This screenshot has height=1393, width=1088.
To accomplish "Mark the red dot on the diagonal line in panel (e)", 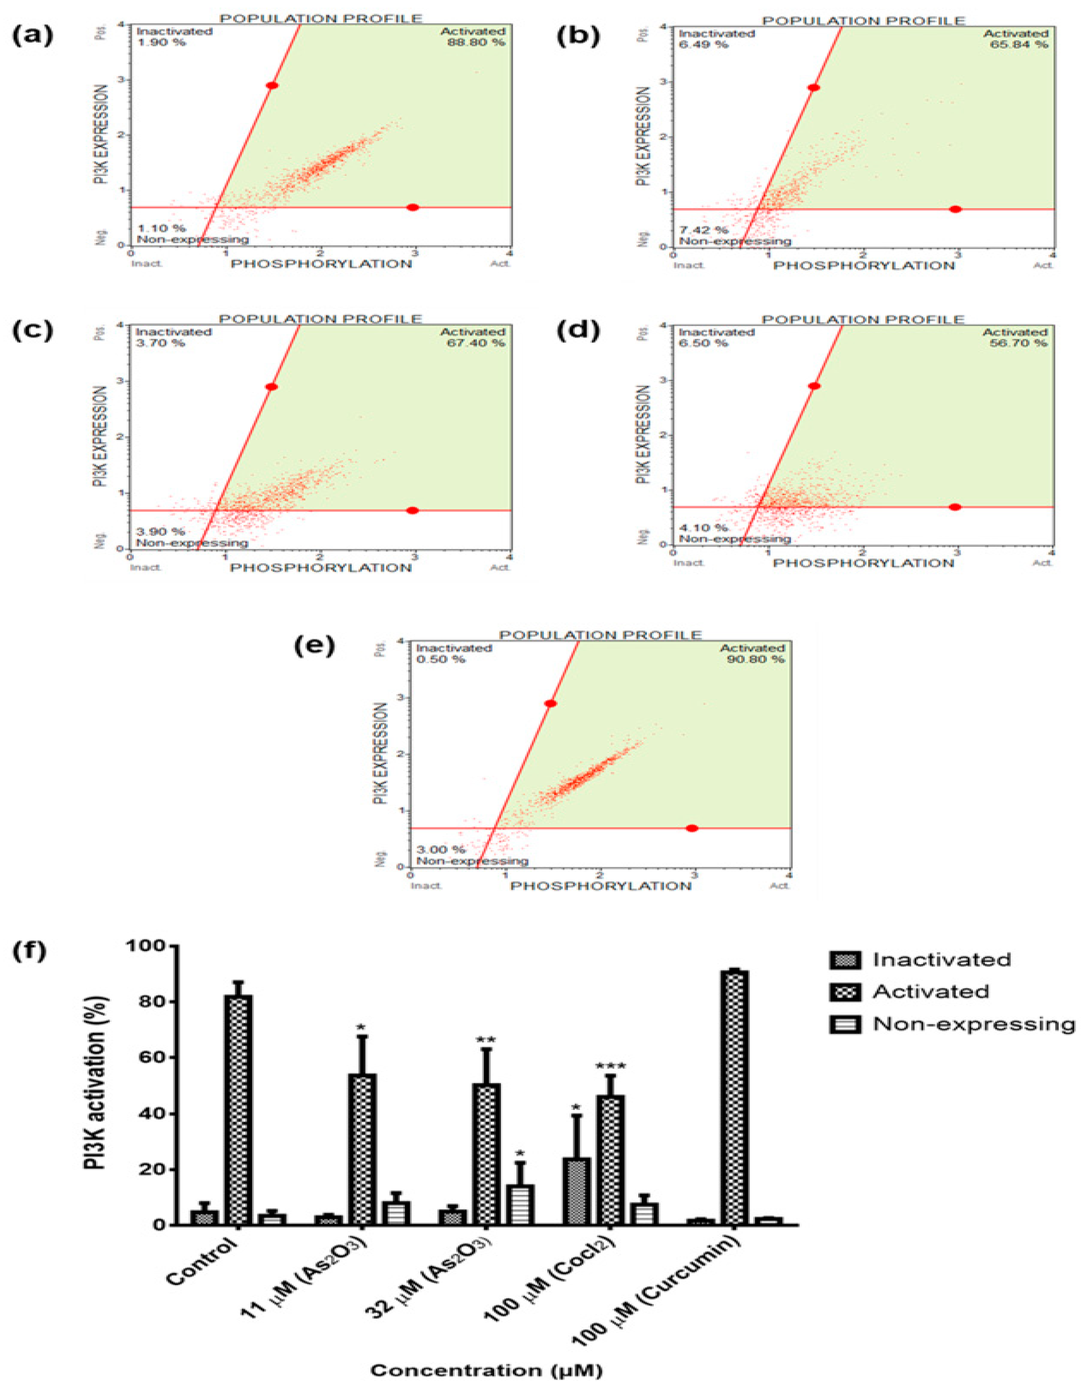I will tap(550, 704).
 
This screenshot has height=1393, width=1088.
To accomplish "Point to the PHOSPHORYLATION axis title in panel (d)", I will tap(863, 563).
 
